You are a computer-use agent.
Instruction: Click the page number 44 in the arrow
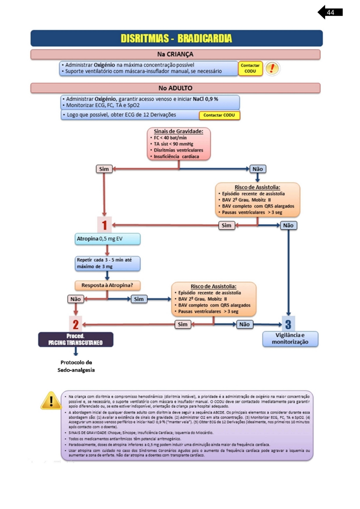[x=330, y=12]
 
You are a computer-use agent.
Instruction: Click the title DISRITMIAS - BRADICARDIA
[x=176, y=38]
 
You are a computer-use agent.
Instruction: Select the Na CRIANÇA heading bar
[x=175, y=54]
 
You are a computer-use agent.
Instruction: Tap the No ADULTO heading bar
[x=175, y=88]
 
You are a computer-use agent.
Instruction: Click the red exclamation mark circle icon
[x=272, y=68]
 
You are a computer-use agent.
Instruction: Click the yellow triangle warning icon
[x=51, y=401]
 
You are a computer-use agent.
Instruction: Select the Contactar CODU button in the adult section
[x=219, y=115]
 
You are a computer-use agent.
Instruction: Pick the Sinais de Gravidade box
[x=179, y=144]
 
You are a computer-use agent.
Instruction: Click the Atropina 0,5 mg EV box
[x=108, y=239]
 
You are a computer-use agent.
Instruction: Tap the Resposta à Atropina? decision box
[x=108, y=285]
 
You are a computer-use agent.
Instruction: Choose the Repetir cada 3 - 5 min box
[x=108, y=263]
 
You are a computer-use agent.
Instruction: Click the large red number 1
[x=104, y=225]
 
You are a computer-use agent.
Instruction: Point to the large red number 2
[x=75, y=324]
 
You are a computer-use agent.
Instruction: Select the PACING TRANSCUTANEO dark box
[x=76, y=339]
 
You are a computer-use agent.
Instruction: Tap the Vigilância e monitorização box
[x=290, y=339]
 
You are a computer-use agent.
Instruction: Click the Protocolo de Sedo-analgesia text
[x=76, y=366]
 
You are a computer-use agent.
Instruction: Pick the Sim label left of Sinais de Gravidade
[x=104, y=169]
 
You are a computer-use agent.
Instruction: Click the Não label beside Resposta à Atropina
[x=75, y=299]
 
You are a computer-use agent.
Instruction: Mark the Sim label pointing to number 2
[x=182, y=324]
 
